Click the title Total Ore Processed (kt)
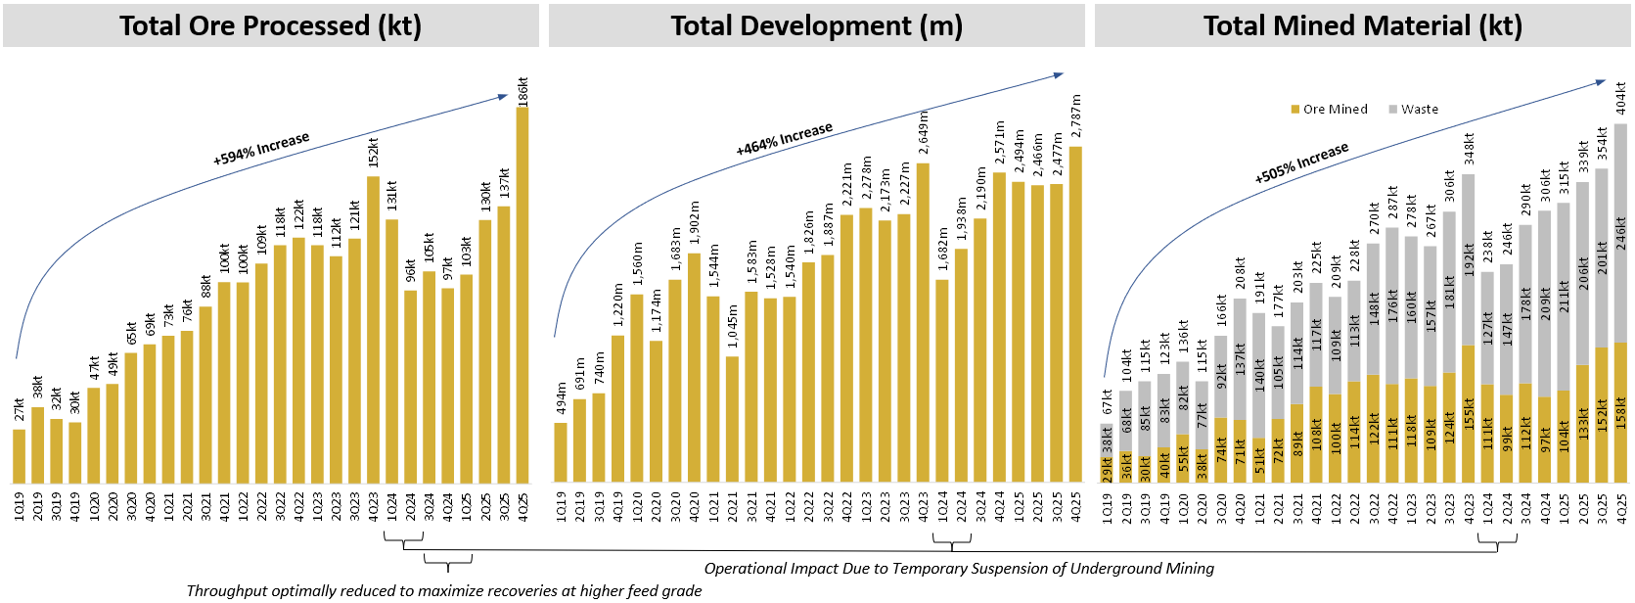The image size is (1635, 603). pyautogui.click(x=270, y=25)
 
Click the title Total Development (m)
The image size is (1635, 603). pyautogui.click(x=816, y=25)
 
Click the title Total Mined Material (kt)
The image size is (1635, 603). pyautogui.click(x=1362, y=25)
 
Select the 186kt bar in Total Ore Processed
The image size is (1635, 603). pyautogui.click(x=522, y=294)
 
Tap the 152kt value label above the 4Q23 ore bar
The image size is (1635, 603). pyautogui.click(x=374, y=154)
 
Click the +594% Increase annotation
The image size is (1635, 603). pyautogui.click(x=261, y=148)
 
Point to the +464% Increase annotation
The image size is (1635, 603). pyautogui.click(x=784, y=139)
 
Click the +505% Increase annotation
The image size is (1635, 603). pyautogui.click(x=1301, y=162)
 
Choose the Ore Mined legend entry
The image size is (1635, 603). pyautogui.click(x=1330, y=110)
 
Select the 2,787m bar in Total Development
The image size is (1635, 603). pyautogui.click(x=1075, y=313)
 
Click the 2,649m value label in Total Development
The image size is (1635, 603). pyautogui.click(x=924, y=133)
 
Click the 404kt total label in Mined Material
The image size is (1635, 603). pyautogui.click(x=1621, y=98)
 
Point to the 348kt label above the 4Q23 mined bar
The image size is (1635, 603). pyautogui.click(x=1469, y=149)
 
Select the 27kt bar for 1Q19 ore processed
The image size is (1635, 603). pyautogui.click(x=20, y=455)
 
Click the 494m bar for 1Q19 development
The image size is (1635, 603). pyautogui.click(x=561, y=452)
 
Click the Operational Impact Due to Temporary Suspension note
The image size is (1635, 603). pyautogui.click(x=959, y=569)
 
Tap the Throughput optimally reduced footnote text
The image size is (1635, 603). pyautogui.click(x=444, y=591)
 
